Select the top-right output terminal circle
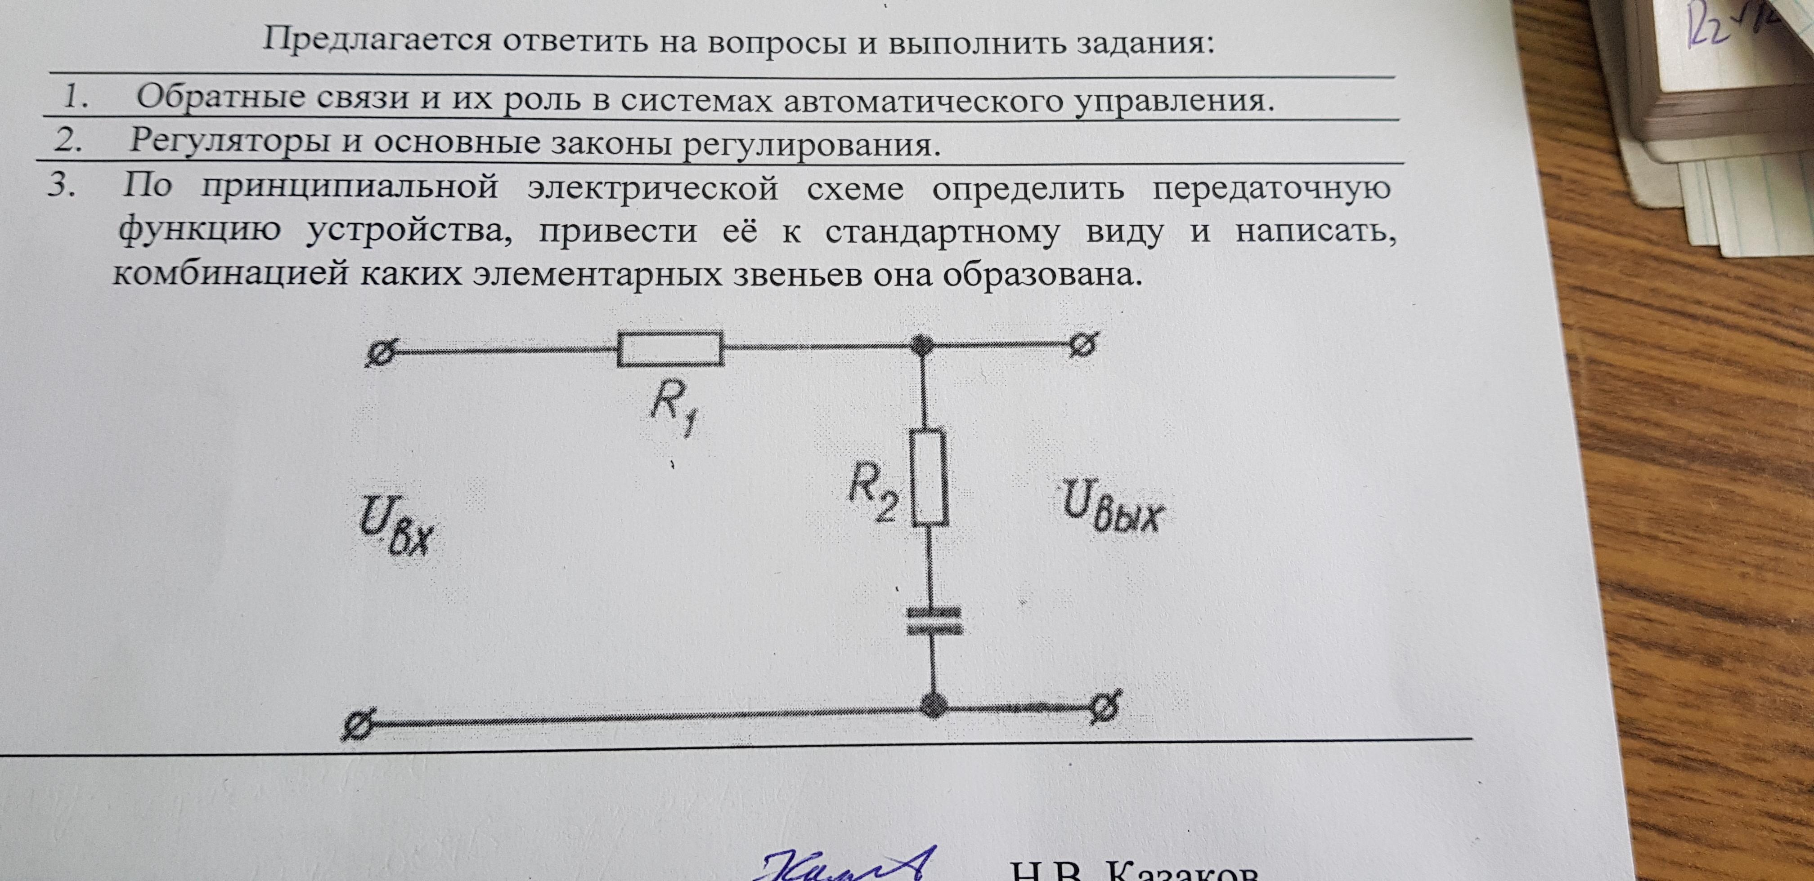coord(1082,345)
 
